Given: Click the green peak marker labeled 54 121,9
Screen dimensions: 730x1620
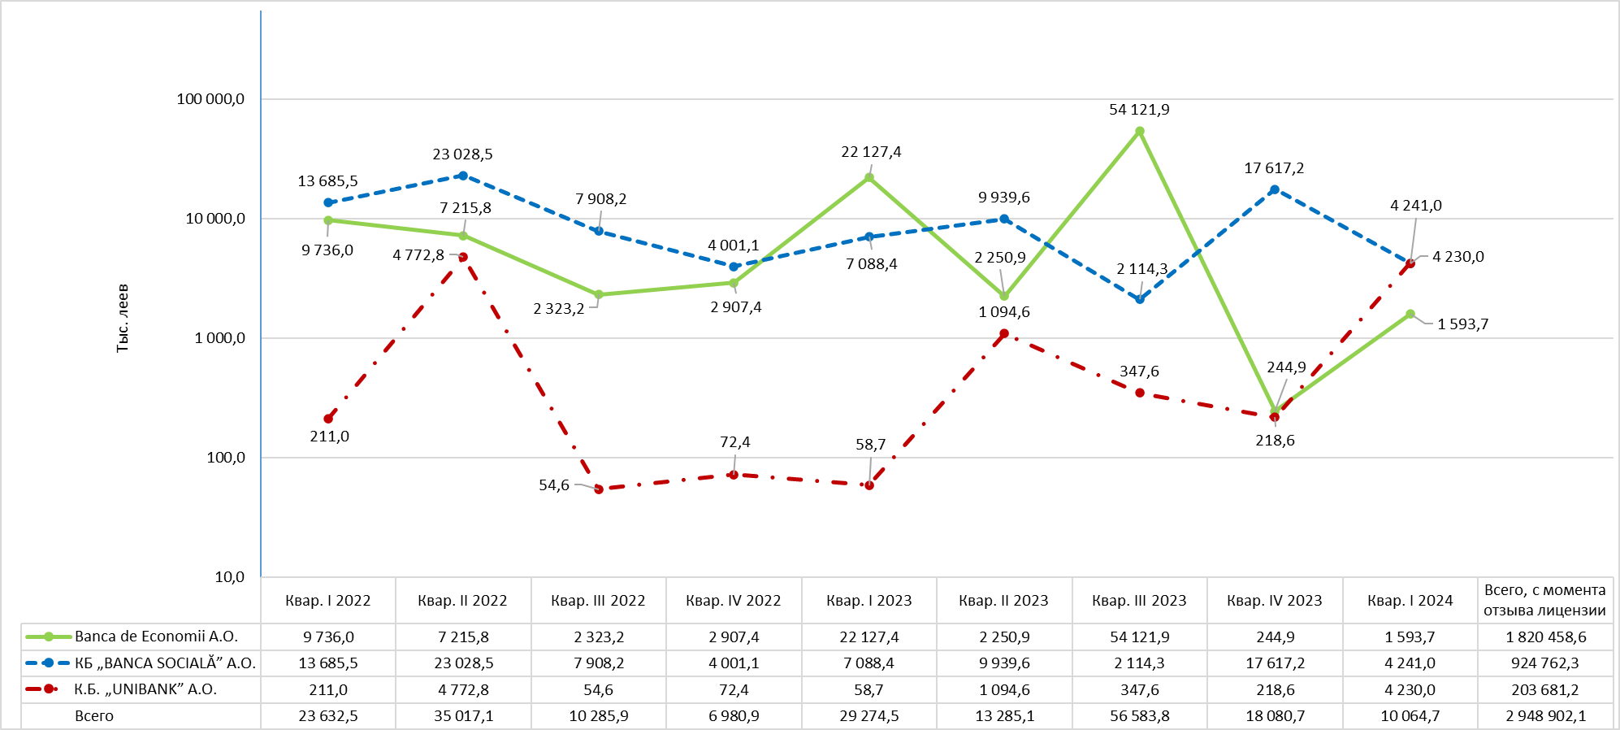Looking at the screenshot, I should click(1139, 131).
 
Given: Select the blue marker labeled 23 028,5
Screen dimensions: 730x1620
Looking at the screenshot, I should click(463, 176).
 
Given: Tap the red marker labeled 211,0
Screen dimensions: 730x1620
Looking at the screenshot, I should click(328, 419).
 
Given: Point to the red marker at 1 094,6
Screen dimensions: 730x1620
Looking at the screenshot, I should click(1004, 333).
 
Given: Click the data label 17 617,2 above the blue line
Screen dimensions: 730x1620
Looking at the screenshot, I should click(1274, 168).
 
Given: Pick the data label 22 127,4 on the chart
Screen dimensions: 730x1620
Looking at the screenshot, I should click(871, 152).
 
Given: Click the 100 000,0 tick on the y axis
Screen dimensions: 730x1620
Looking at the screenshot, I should click(210, 99).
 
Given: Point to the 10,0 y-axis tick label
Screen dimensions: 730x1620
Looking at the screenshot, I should click(229, 577).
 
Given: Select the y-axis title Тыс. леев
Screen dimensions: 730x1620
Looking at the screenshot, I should click(123, 318).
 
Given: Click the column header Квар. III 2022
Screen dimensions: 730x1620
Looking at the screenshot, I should click(598, 601).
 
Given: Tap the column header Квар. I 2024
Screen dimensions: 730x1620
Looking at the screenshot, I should click(1410, 601).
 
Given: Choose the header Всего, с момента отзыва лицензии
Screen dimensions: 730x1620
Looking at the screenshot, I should click(1544, 600).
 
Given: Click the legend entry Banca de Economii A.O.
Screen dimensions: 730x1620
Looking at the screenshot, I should click(156, 637).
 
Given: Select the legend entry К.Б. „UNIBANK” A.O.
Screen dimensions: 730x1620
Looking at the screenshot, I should click(145, 689).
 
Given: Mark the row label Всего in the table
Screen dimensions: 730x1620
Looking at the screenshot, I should click(94, 716).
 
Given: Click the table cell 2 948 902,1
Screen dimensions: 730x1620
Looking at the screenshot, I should click(1545, 716).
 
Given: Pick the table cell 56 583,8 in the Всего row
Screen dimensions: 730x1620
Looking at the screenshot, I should click(1139, 716).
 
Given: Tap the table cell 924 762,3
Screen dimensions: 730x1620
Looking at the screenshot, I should click(1545, 663).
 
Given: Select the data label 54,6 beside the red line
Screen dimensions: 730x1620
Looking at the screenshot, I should click(554, 485).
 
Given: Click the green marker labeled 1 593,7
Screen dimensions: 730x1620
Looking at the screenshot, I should click(1410, 314).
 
